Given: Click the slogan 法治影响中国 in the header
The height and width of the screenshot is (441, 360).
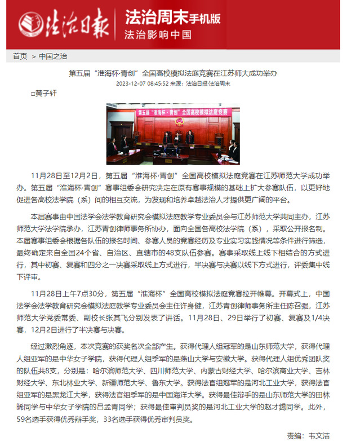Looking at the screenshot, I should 158,34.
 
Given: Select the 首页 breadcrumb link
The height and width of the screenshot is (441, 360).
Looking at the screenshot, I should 20,56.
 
